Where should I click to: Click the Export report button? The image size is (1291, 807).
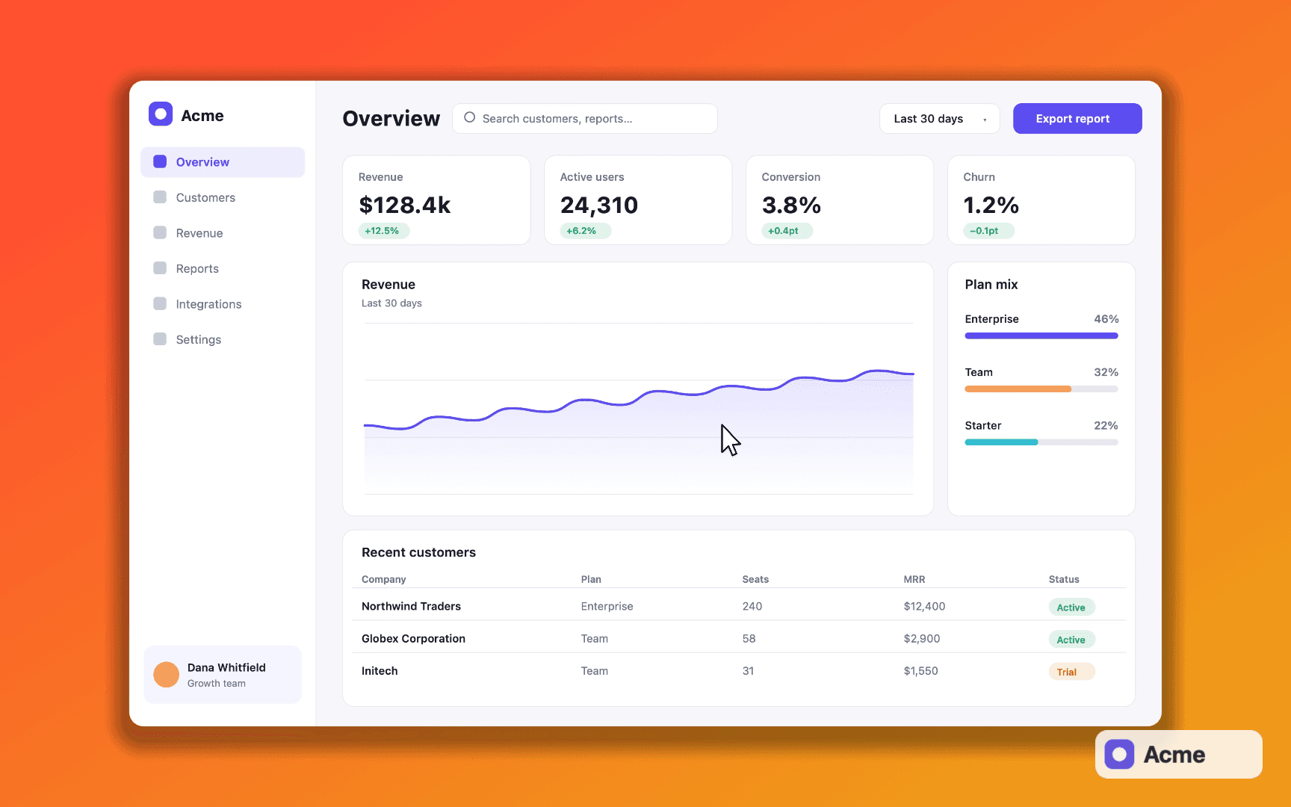click(x=1077, y=119)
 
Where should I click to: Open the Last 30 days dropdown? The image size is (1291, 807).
click(x=939, y=119)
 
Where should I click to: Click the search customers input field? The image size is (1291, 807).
click(x=585, y=119)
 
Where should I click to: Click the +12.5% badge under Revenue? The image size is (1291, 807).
click(x=382, y=231)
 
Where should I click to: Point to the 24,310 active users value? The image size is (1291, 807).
click(x=599, y=205)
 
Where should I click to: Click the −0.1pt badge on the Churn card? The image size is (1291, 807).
click(x=988, y=231)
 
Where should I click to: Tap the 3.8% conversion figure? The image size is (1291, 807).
click(x=791, y=205)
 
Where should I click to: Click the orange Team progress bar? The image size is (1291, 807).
click(x=1018, y=389)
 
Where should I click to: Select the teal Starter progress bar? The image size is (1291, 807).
click(x=1001, y=442)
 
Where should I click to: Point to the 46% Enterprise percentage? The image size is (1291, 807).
click(x=1106, y=319)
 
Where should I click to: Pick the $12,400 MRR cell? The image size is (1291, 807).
click(x=924, y=606)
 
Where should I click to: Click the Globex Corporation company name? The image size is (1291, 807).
click(x=413, y=639)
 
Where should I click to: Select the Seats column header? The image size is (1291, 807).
click(x=755, y=579)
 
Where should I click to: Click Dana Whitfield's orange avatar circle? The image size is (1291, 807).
click(x=166, y=675)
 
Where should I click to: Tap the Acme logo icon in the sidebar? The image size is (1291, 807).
click(x=161, y=114)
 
